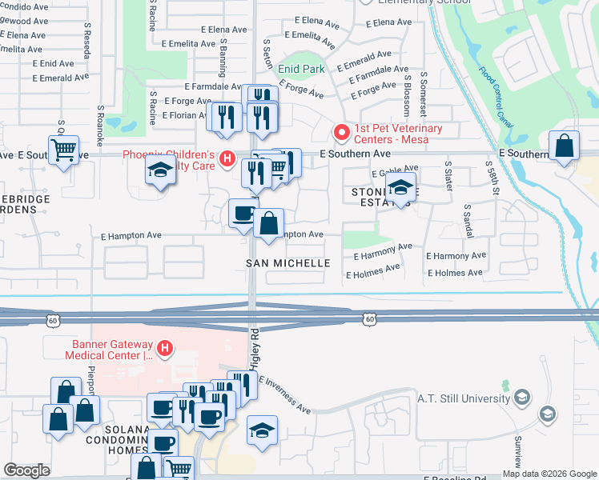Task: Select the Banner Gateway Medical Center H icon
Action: (165, 348)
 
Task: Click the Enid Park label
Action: (301, 70)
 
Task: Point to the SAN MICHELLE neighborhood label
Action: (287, 263)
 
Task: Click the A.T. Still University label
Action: (464, 398)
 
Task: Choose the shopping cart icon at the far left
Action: (63, 150)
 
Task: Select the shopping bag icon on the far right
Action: (565, 146)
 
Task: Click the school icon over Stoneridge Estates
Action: (400, 188)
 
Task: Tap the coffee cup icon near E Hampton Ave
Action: (243, 214)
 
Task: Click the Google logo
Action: (26, 470)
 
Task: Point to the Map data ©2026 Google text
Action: (549, 474)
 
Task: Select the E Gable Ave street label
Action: (390, 173)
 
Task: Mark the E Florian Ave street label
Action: (185, 116)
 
